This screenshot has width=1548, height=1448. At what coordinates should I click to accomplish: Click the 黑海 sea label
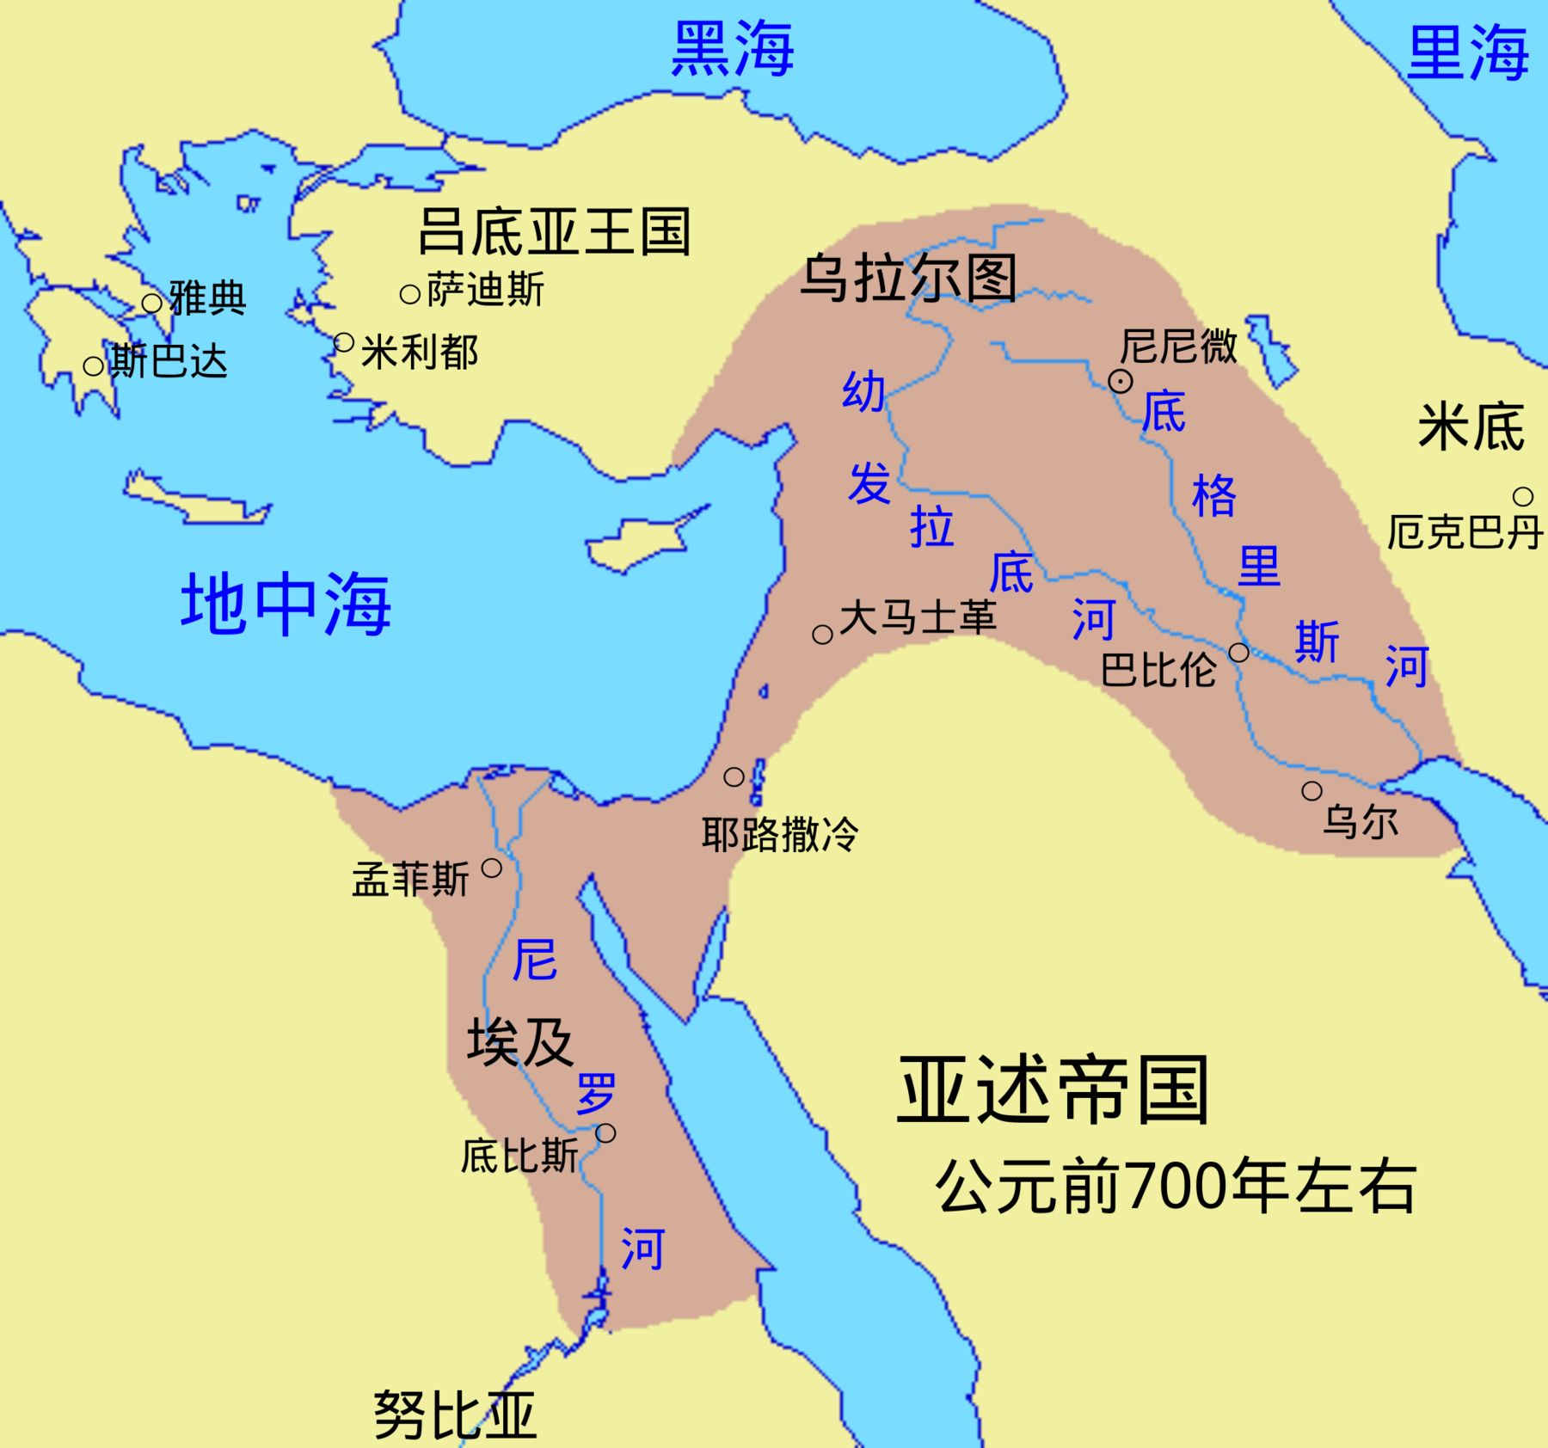tap(732, 49)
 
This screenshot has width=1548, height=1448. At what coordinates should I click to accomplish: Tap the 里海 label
tap(1467, 53)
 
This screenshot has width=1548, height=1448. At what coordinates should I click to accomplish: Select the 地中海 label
tap(286, 604)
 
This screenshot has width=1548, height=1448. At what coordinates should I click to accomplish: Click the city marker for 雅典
tap(152, 303)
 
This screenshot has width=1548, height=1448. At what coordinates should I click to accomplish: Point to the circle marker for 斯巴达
tap(94, 366)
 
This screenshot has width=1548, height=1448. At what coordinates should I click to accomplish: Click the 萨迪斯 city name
tap(485, 290)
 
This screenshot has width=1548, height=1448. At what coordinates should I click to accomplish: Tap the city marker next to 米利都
tap(344, 343)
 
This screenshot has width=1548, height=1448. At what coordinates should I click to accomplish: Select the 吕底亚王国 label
tap(554, 231)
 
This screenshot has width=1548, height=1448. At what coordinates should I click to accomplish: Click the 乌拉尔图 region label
tap(908, 278)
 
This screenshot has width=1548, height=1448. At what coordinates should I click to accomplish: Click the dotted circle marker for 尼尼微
tap(1120, 381)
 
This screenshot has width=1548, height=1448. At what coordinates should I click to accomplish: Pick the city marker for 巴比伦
tap(1238, 653)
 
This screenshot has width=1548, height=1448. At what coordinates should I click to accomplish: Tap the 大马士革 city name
tap(918, 617)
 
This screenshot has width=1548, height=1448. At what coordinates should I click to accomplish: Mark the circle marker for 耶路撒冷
tap(734, 777)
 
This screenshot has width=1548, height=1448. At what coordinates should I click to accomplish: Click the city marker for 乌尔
tap(1311, 791)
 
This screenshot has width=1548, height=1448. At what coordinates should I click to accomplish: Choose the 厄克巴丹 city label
tap(1465, 532)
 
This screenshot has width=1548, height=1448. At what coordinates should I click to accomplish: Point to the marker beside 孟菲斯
tap(491, 868)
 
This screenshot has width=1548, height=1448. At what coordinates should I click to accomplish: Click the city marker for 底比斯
tap(605, 1133)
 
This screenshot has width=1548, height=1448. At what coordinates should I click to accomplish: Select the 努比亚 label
tap(455, 1414)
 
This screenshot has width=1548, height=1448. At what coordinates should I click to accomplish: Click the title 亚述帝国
tap(1053, 1091)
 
